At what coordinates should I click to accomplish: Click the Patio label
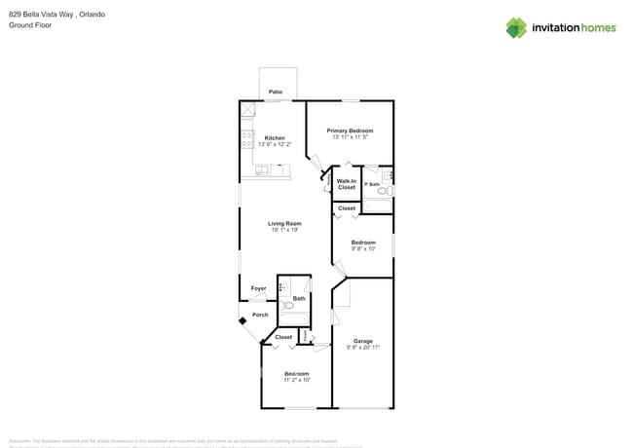point(276,92)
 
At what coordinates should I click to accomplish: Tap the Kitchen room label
point(275,138)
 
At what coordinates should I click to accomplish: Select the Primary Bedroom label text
point(350,131)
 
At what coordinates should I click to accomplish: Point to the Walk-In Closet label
point(347,184)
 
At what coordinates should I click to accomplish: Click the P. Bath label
point(371,184)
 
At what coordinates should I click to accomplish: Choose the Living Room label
point(284,223)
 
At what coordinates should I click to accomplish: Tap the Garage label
point(362,341)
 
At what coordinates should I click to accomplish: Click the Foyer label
point(258,288)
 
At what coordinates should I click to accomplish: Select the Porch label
point(260,315)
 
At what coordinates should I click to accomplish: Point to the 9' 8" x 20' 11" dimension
point(362,348)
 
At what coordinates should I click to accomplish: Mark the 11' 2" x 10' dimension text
point(296,380)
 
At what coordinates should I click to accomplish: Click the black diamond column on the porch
point(242,319)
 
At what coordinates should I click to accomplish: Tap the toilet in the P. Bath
point(383,192)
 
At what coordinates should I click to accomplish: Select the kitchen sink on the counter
point(261,170)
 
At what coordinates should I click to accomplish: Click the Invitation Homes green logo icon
point(516,27)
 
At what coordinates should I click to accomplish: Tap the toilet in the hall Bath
point(288,305)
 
